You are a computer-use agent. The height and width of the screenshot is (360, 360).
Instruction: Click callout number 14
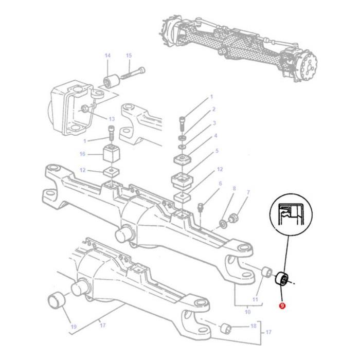[107, 56]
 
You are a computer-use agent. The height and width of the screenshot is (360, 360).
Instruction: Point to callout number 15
[129, 56]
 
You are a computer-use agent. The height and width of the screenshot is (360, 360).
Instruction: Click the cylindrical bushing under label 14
[111, 80]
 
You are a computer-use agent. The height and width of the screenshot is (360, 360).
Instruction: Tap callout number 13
[111, 119]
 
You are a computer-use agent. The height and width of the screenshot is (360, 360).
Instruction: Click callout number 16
[82, 154]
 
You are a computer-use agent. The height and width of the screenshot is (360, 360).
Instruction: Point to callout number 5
[217, 151]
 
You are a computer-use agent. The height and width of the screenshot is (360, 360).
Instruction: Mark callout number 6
[220, 183]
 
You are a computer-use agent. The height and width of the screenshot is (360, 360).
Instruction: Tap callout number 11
[255, 299]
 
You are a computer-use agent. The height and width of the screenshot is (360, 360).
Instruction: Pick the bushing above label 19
[56, 300]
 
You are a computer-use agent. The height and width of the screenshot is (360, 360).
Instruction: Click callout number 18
[253, 327]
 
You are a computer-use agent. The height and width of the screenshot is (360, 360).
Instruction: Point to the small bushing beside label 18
[225, 328]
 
